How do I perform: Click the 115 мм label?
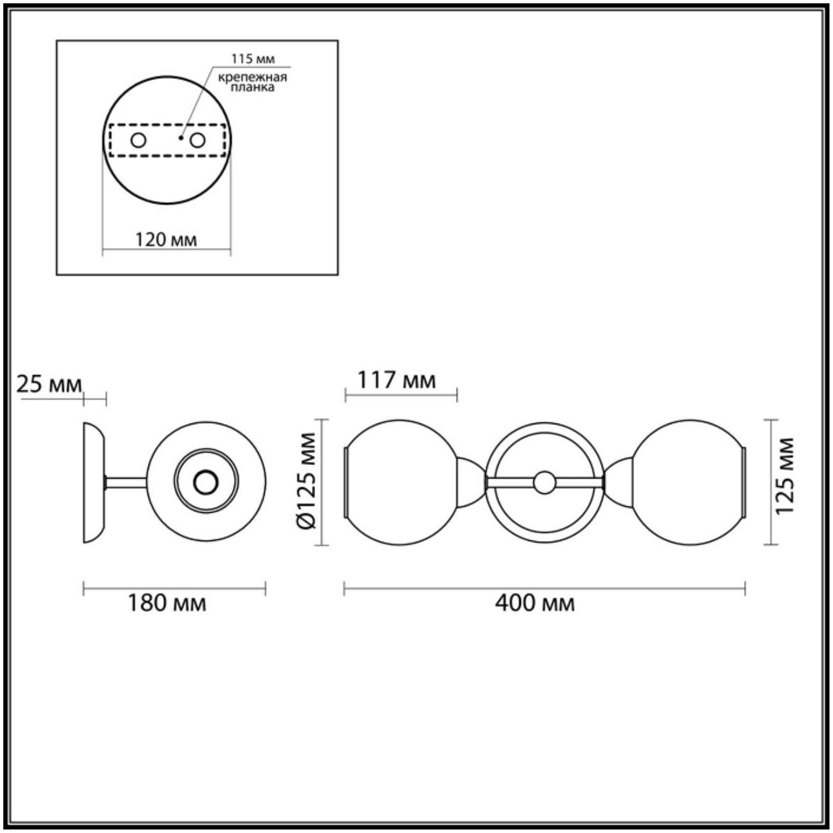pyautogui.click(x=253, y=58)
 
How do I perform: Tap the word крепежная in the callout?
pyautogui.click(x=252, y=77)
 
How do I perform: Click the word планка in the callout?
pyautogui.click(x=252, y=88)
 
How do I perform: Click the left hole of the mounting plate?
pyautogui.click(x=138, y=140)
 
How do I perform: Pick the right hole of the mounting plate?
pyautogui.click(x=198, y=140)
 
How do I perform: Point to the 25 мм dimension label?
pyautogui.click(x=49, y=384)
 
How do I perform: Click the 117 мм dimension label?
pyautogui.click(x=397, y=381)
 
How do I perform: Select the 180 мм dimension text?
pyautogui.click(x=167, y=603)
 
